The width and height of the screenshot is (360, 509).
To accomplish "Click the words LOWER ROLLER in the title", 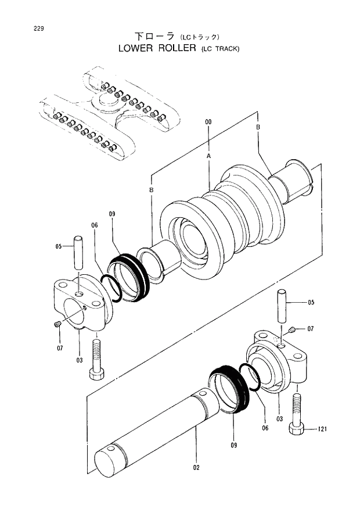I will pyautogui.click(x=157, y=48).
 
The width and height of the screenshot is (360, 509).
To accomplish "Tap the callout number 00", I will pyautogui.click(x=208, y=122).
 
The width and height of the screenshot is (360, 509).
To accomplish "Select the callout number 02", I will pyautogui.click(x=196, y=467).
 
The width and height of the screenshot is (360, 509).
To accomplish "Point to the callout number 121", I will pyautogui.click(x=323, y=429).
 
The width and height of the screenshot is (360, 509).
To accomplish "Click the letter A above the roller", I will pyautogui.click(x=208, y=157).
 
